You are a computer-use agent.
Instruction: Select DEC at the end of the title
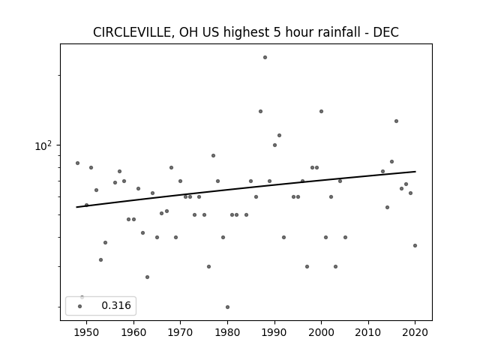pyautogui.click(x=385, y=32)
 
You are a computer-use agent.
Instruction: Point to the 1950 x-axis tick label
pyautogui.click(x=87, y=332)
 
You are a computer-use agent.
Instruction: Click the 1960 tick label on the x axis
pyautogui.click(x=133, y=332)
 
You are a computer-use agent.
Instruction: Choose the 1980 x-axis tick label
pyautogui.click(x=227, y=332)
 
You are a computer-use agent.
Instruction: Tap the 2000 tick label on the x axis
pyautogui.click(x=321, y=332)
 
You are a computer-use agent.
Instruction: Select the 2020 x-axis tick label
pyautogui.click(x=415, y=332)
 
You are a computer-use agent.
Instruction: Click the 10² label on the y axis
pyautogui.click(x=43, y=145)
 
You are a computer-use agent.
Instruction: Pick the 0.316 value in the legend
pyautogui.click(x=116, y=305)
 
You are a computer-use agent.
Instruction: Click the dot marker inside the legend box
pyautogui.click(x=80, y=306)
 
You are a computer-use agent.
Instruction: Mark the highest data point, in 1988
pyautogui.click(x=265, y=57)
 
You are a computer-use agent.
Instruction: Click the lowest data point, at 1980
pyautogui.click(x=227, y=307)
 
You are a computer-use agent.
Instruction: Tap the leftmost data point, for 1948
pyautogui.click(x=77, y=163)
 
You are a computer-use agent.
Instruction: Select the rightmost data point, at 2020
pyautogui.click(x=415, y=245)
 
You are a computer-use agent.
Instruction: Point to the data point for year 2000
pyautogui.click(x=321, y=112)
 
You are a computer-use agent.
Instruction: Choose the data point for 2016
pyautogui.click(x=396, y=121)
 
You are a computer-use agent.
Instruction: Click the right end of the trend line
pyautogui.click(x=415, y=172)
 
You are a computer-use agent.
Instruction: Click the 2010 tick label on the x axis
pyautogui.click(x=368, y=332)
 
